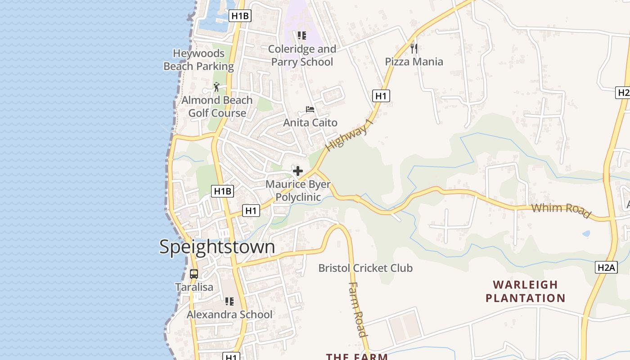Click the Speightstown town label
click(x=217, y=247)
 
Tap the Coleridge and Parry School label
click(x=302, y=55)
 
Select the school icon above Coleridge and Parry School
click(x=302, y=36)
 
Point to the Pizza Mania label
click(x=414, y=62)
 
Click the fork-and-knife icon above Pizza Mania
click(x=414, y=48)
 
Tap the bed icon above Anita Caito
click(x=310, y=109)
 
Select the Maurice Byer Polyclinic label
click(x=298, y=191)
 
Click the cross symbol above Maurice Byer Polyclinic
click(x=297, y=171)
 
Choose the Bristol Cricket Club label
click(x=365, y=268)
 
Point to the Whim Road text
click(x=561, y=210)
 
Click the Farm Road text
click(x=358, y=309)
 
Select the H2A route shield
click(x=606, y=267)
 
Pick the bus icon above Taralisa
click(x=193, y=274)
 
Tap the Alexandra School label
click(x=229, y=315)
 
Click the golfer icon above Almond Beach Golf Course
click(x=216, y=86)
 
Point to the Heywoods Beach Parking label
click(x=198, y=60)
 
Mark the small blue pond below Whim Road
click(x=586, y=234)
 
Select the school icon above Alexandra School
click(x=229, y=301)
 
